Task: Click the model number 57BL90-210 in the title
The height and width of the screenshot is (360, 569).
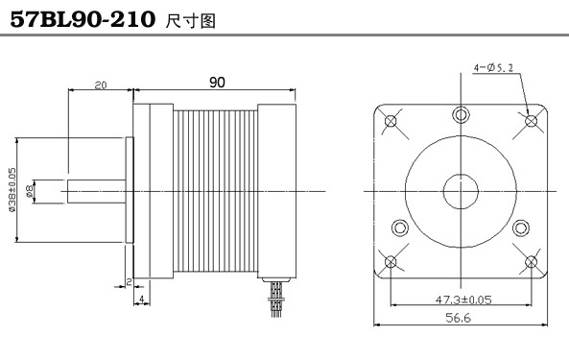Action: point(83,19)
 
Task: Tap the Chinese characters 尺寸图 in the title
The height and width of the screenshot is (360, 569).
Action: point(191,21)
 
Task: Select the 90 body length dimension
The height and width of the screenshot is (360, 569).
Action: point(217,83)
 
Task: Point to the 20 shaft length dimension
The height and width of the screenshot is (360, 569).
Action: point(101,85)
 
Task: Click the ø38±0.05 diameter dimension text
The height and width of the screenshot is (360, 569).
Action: point(12,189)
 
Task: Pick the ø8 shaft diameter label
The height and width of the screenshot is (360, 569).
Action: point(30,191)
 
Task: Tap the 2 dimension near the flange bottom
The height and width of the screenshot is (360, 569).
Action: point(129,281)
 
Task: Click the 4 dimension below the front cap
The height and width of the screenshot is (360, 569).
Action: point(142,299)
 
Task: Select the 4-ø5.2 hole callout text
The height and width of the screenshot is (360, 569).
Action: point(493,67)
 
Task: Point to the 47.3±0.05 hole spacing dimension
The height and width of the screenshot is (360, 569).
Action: point(463,300)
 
